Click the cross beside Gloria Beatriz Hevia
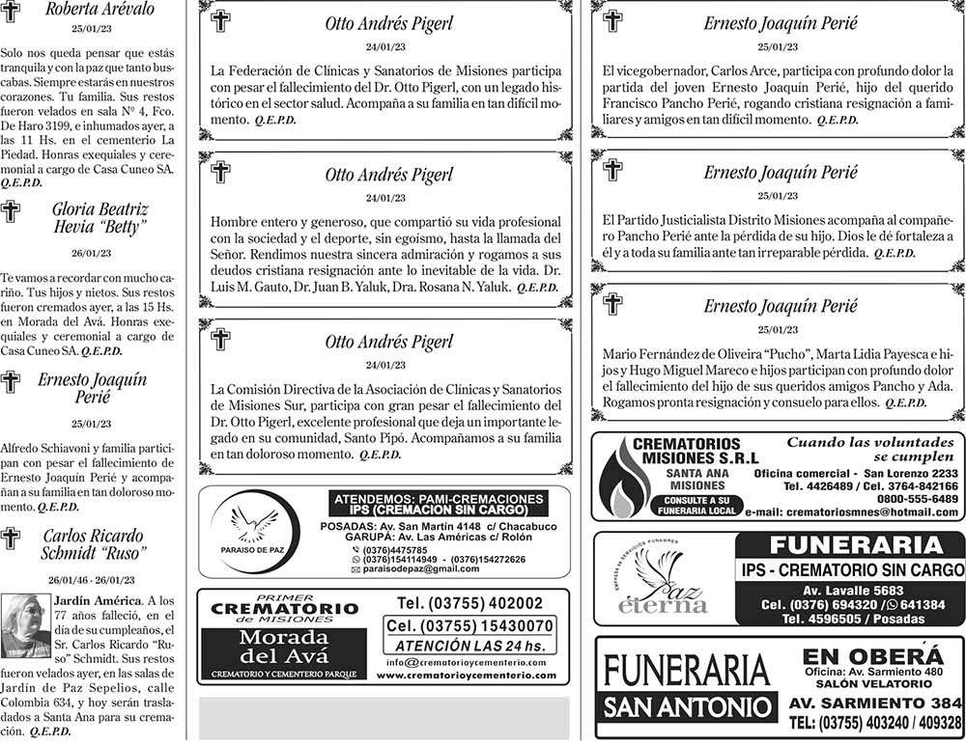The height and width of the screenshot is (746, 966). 11,212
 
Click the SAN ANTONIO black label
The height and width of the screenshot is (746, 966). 687,706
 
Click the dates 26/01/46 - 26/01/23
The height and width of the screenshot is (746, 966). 93,580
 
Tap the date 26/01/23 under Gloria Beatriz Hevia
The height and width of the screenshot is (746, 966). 92,254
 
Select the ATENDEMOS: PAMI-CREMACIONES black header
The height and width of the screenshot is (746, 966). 439,504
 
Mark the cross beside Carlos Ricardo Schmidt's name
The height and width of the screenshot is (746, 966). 11,539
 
